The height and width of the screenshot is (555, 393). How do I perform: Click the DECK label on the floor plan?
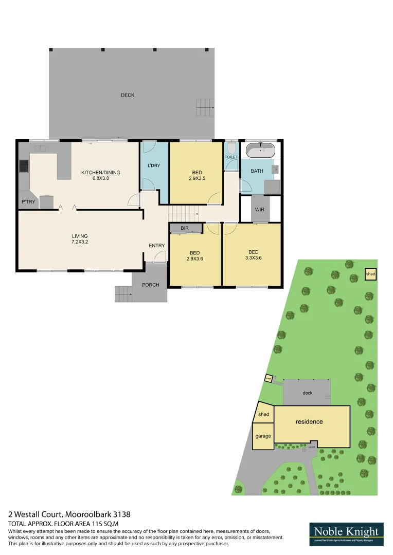pyautogui.click(x=128, y=95)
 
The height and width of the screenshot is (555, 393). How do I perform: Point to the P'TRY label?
pyautogui.click(x=28, y=202)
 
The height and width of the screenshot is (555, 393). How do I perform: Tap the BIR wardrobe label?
pyautogui.click(x=185, y=228)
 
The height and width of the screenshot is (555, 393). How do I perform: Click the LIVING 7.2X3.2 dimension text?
pyautogui.click(x=80, y=242)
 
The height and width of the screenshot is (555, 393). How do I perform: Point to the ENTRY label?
pyautogui.click(x=156, y=246)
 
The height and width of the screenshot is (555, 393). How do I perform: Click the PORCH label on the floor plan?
pyautogui.click(x=151, y=285)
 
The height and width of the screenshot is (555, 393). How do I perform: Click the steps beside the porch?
pyautogui.click(x=123, y=294)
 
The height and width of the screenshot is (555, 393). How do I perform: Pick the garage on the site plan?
pyautogui.click(x=263, y=436)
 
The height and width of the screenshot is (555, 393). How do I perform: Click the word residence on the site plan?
pyautogui.click(x=309, y=422)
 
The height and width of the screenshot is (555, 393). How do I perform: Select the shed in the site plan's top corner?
pyautogui.click(x=370, y=274)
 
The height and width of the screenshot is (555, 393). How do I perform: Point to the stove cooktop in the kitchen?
pyautogui.click(x=23, y=166)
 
